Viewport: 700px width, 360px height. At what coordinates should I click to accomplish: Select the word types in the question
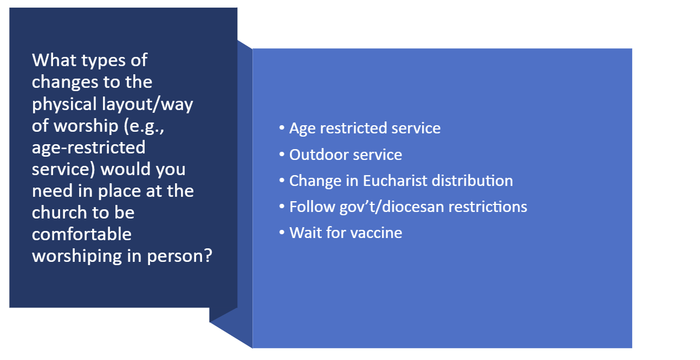pyautogui.click(x=103, y=61)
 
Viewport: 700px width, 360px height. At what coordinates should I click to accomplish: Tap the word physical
pyautogui.click(x=64, y=105)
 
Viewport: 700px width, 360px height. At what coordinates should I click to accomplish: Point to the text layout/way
pyautogui.click(x=147, y=105)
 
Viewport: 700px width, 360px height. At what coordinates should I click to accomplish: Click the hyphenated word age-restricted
pyautogui.click(x=88, y=148)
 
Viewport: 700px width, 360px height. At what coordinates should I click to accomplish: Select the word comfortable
pyautogui.click(x=82, y=234)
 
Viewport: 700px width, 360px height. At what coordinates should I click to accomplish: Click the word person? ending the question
pyautogui.click(x=179, y=257)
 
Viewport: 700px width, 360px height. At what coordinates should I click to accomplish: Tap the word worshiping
pyautogui.click(x=77, y=257)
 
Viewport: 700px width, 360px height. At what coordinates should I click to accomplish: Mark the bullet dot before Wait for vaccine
pyautogui.click(x=282, y=233)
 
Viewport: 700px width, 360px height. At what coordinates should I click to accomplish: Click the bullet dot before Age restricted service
pyautogui.click(x=282, y=128)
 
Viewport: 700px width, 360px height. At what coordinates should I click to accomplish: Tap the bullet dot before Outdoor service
pyautogui.click(x=282, y=155)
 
